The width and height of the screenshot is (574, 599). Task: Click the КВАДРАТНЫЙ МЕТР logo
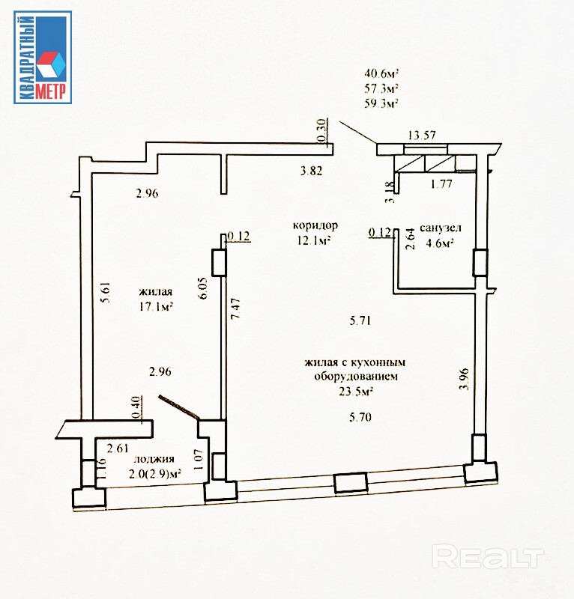click(43, 58)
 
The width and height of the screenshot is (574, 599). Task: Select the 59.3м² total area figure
click(381, 103)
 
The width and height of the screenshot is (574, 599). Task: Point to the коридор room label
click(315, 226)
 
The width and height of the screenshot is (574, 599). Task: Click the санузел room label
click(441, 228)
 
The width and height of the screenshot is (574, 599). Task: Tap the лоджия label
click(154, 459)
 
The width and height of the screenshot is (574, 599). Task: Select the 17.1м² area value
click(156, 306)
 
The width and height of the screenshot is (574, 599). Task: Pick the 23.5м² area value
click(356, 391)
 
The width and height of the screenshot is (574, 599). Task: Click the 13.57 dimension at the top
click(422, 135)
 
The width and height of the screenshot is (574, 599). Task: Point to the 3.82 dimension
click(311, 171)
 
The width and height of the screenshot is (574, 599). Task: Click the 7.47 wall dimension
click(235, 308)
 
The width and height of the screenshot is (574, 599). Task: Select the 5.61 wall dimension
click(105, 292)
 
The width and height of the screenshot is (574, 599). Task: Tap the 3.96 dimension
click(464, 378)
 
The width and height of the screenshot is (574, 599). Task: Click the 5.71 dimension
click(360, 320)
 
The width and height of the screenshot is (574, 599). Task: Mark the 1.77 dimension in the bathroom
click(441, 184)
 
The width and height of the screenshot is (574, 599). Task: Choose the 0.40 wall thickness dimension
click(136, 408)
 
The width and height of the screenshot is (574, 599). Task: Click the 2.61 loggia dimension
click(118, 448)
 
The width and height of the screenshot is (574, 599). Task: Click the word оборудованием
click(356, 377)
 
